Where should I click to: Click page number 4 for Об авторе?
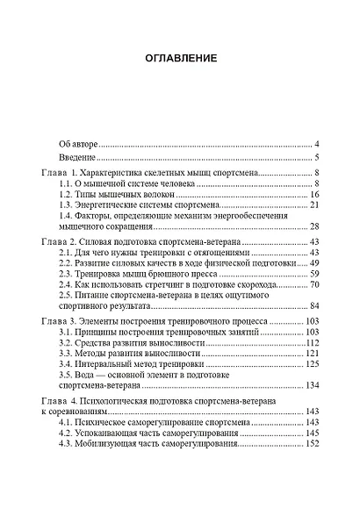point(317,143)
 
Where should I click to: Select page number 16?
point(313,194)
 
